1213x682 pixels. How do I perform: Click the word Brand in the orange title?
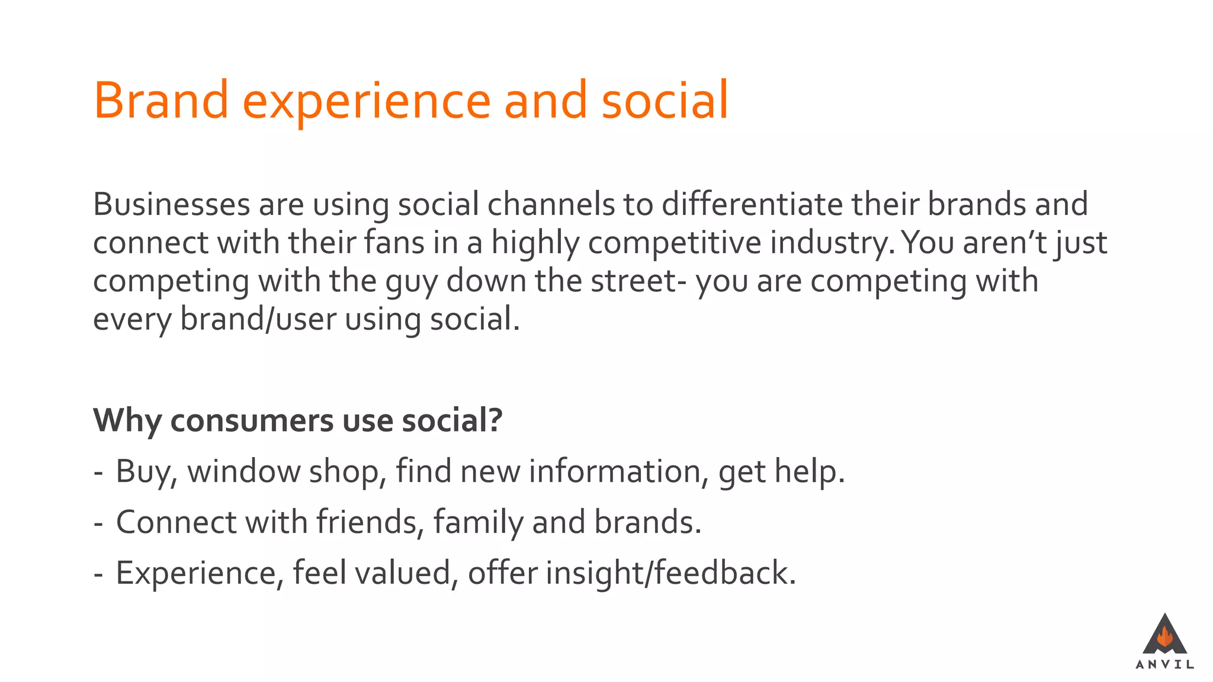pos(161,101)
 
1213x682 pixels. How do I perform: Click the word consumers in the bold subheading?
pos(252,421)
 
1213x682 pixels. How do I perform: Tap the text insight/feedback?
pos(670,574)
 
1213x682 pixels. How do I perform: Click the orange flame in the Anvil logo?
pos(1165,638)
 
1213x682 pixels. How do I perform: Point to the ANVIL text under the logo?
pos(1164,665)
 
